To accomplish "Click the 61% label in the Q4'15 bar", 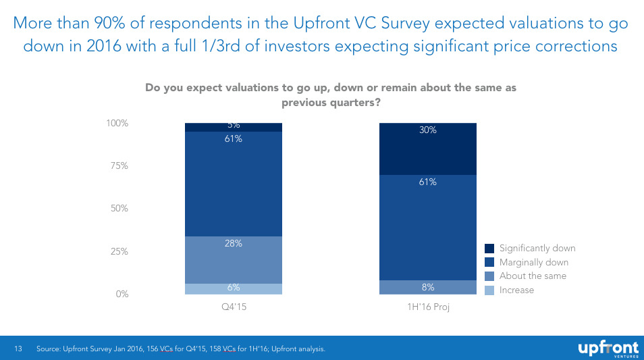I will click(x=234, y=139).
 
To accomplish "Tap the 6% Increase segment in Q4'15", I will click(x=234, y=288).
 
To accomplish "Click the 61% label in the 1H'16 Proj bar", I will click(x=428, y=182).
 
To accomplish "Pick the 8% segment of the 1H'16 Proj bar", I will click(x=428, y=287).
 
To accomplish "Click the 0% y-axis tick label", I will click(x=121, y=294).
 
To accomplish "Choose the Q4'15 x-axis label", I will click(x=234, y=307).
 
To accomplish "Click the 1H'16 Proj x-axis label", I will click(x=428, y=307).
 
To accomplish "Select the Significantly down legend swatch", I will click(x=490, y=249).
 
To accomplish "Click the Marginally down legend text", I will click(x=533, y=262).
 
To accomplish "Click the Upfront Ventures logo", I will click(x=607, y=349).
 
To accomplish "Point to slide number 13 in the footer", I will click(x=19, y=349).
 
